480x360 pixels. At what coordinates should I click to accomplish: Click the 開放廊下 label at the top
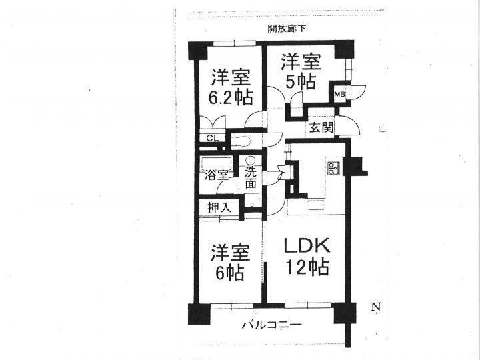coord(287,29)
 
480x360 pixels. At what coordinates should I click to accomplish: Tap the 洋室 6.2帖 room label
coord(231,87)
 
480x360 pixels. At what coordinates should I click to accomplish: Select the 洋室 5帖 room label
coord(301,71)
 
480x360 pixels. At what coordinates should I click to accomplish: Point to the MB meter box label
coord(339,94)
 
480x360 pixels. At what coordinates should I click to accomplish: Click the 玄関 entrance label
coord(321,127)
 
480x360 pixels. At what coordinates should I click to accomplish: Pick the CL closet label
coord(213,138)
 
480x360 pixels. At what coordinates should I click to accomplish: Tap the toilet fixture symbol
coord(241,142)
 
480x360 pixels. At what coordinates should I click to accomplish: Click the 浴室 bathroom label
coord(217,176)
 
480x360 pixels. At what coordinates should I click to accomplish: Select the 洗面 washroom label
coord(251,178)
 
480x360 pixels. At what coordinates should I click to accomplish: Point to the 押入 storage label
coord(219,208)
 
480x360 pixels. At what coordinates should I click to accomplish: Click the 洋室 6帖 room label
coord(230,262)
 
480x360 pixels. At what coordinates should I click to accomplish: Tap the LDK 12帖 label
coord(307,257)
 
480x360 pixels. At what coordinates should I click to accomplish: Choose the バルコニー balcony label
coord(272,325)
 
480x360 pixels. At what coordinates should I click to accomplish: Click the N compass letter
coord(375,307)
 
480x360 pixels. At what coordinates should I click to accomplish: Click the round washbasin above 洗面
coord(250,161)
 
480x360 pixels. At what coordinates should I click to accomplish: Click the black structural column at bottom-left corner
coord(199,314)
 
